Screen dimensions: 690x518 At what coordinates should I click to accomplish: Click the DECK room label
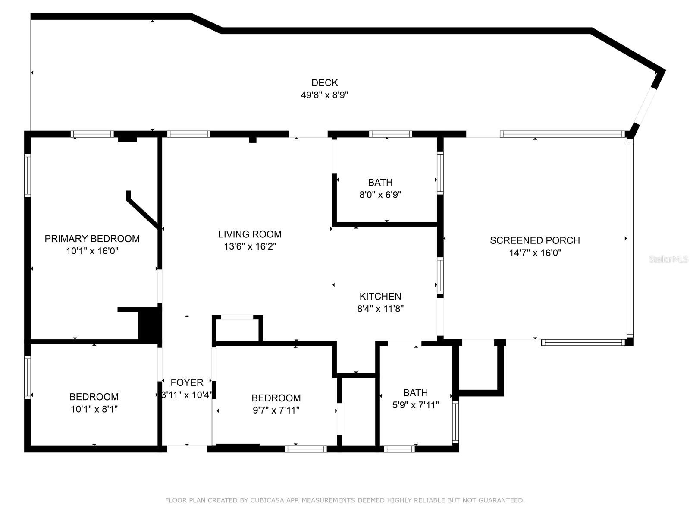tap(324, 83)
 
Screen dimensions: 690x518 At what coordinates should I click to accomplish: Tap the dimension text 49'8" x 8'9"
tap(324, 95)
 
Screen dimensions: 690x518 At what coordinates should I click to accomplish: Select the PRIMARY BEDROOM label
tap(92, 239)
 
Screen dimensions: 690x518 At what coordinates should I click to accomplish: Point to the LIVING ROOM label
tap(250, 234)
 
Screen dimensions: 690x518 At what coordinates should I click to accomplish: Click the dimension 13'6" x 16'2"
tap(250, 246)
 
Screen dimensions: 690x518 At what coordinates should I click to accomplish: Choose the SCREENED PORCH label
tap(535, 240)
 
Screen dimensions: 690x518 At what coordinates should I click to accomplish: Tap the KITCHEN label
tap(380, 296)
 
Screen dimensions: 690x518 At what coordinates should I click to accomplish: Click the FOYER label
tap(187, 382)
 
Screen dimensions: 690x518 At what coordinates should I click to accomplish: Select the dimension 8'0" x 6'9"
tap(380, 195)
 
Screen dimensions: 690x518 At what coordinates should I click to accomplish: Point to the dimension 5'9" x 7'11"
tap(416, 405)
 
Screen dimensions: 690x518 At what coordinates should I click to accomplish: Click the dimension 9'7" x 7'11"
tap(276, 410)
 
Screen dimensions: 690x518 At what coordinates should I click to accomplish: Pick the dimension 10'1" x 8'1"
tap(94, 409)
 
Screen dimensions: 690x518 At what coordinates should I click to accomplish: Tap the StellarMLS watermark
tap(668, 259)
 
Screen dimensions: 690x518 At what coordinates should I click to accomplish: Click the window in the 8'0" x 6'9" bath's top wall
tap(390, 134)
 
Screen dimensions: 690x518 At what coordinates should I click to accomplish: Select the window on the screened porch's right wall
tap(630, 238)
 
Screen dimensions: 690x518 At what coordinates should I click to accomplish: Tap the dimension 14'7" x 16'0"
tap(535, 253)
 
